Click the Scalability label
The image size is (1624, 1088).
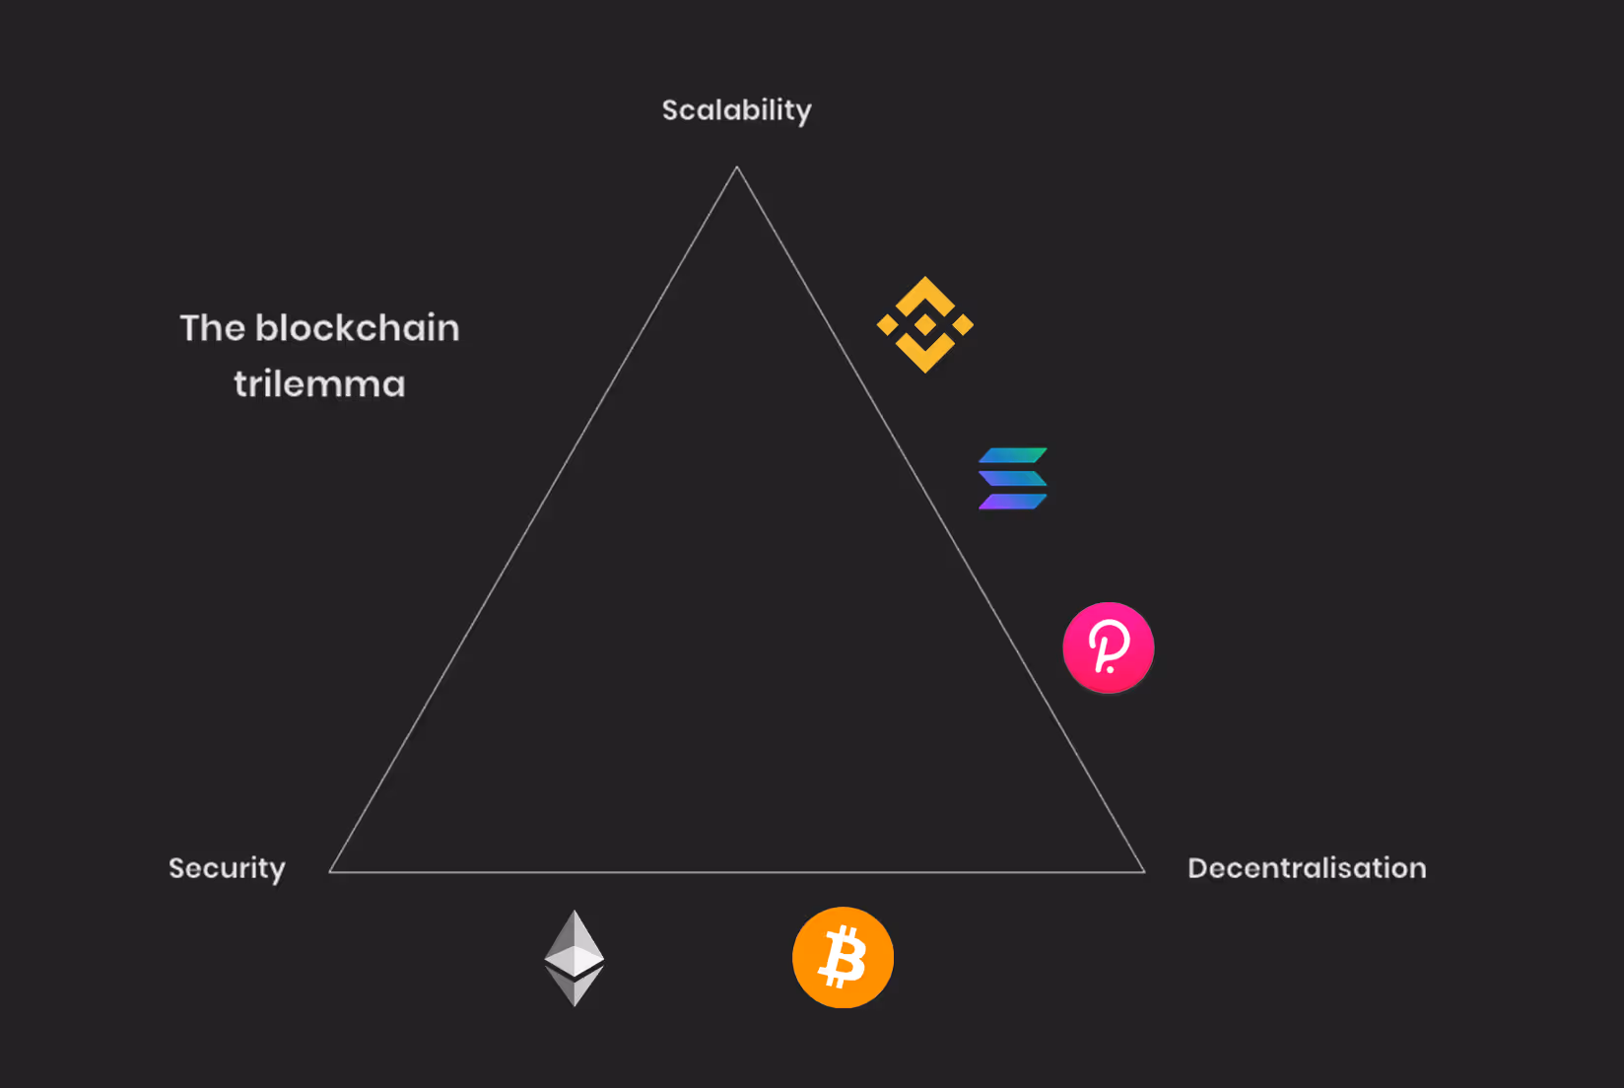(736, 110)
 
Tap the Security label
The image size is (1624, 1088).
(227, 868)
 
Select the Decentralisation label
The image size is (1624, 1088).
(1307, 868)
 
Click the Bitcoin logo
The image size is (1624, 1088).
(843, 957)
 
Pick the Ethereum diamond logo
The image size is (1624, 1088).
(575, 957)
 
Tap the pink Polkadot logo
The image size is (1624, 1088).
(1109, 647)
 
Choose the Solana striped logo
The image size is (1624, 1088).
(1012, 479)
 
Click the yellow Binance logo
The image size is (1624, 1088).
(925, 324)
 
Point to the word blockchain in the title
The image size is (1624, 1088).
(357, 328)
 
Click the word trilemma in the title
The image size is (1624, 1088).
(319, 384)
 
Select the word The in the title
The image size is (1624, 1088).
(212, 328)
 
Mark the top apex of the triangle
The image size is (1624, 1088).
(737, 169)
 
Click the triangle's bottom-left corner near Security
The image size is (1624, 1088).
(331, 871)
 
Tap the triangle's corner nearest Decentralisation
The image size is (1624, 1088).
(1143, 871)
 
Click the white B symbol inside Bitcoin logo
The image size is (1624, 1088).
(844, 958)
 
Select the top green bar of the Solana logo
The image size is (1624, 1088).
(1013, 455)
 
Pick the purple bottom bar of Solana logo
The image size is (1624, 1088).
(1011, 503)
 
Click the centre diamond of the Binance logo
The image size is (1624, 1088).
(925, 324)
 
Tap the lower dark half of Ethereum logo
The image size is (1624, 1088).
(575, 985)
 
